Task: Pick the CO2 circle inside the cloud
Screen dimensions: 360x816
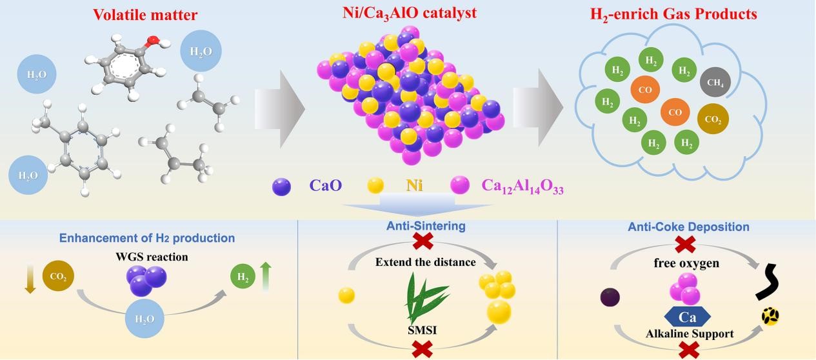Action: pos(713,119)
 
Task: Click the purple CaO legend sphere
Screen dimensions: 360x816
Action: pos(282,187)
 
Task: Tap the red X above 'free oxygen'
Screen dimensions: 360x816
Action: pos(685,244)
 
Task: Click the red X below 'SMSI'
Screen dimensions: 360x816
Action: pos(423,349)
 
